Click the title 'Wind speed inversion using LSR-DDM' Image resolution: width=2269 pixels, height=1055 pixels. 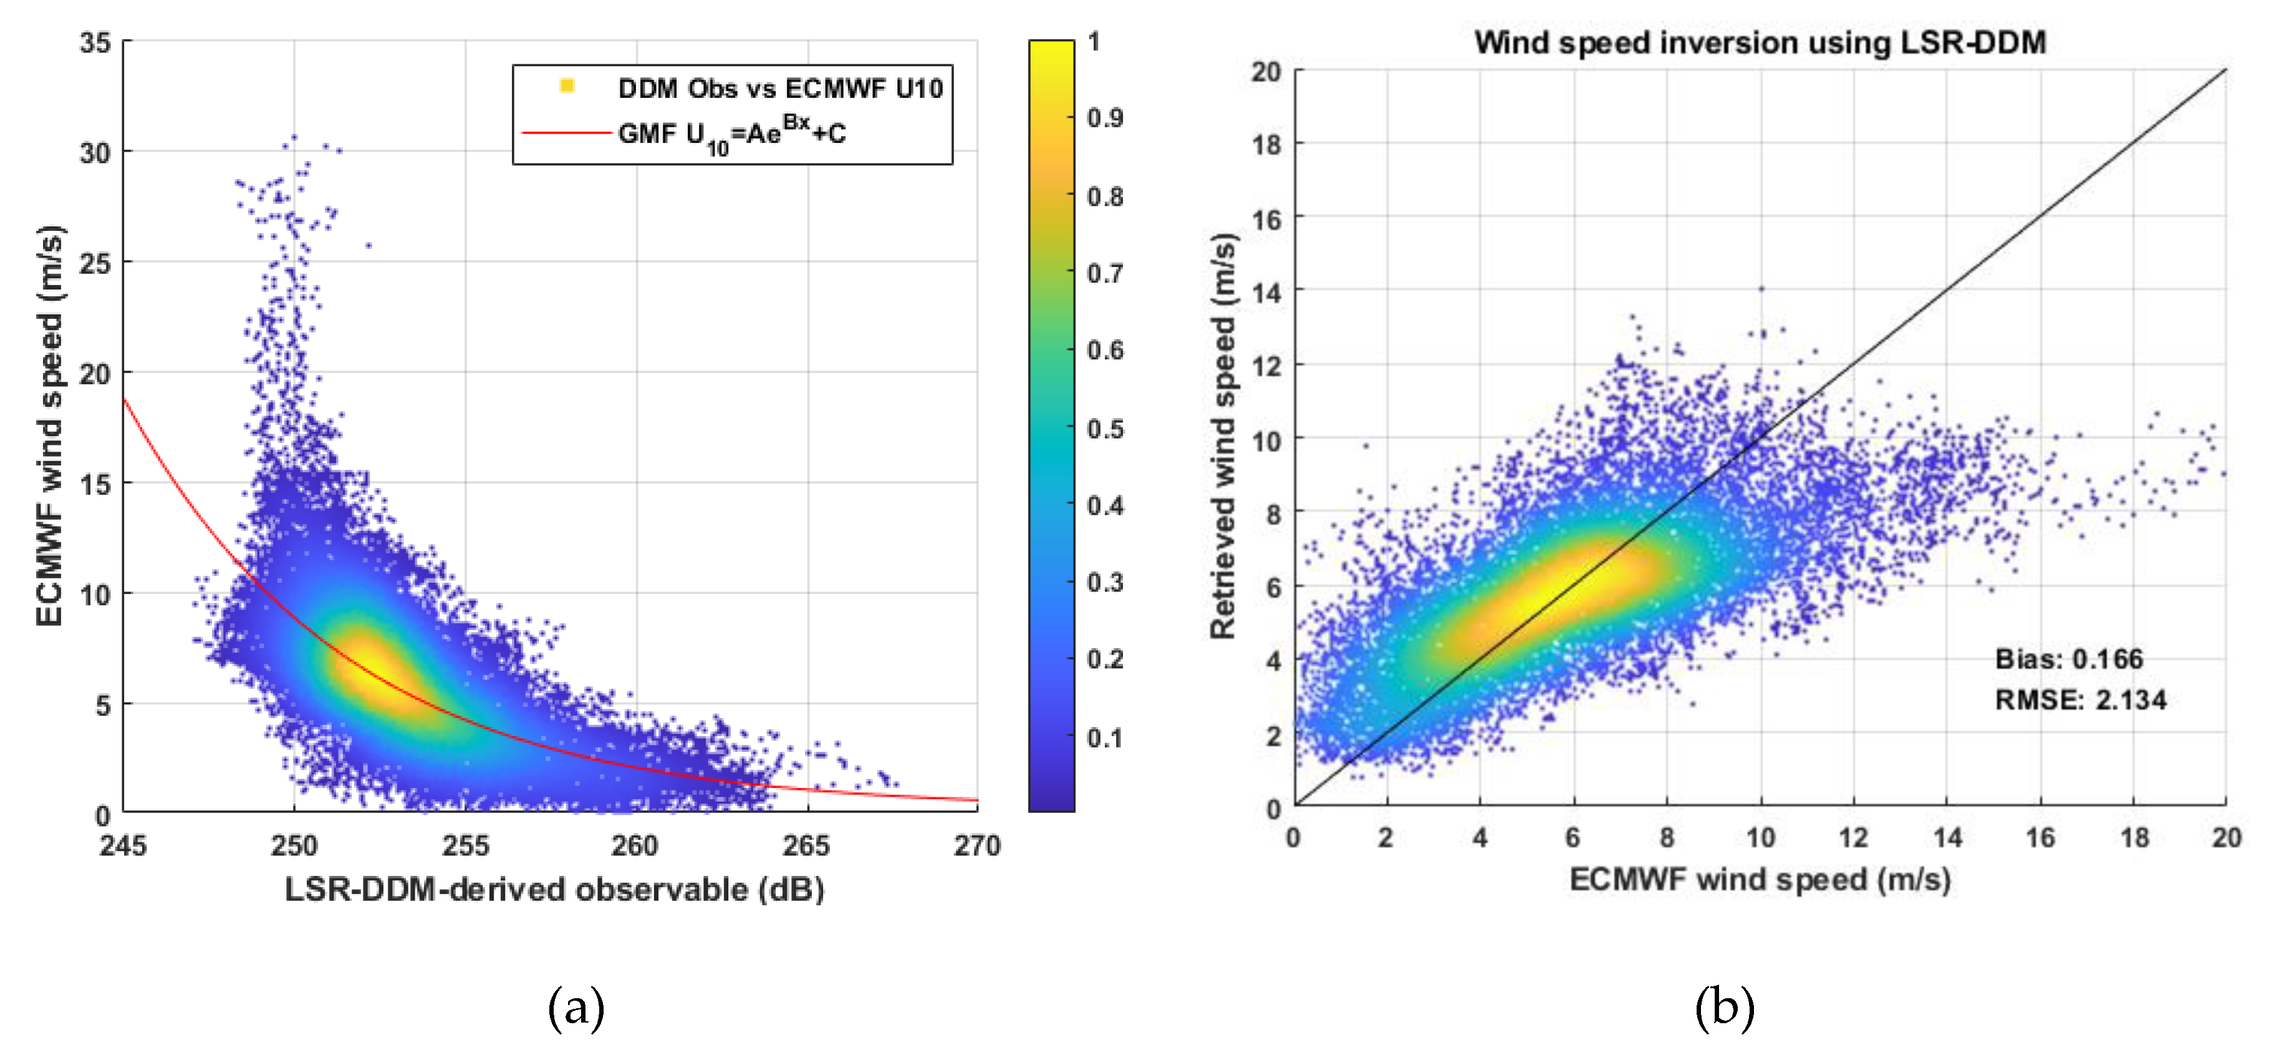tap(1759, 42)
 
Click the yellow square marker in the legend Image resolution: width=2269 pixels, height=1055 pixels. tap(567, 85)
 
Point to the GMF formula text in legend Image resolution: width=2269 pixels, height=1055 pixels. tap(731, 134)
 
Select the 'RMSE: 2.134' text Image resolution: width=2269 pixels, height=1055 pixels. tap(2079, 700)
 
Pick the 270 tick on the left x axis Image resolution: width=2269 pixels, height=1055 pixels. tap(977, 846)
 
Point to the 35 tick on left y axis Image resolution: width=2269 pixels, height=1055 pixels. tap(95, 42)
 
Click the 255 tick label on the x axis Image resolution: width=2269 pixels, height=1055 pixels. tap(465, 846)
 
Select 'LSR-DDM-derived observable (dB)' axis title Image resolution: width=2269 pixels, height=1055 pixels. tap(554, 889)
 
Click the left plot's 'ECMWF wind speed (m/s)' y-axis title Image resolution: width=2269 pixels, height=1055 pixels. tap(51, 425)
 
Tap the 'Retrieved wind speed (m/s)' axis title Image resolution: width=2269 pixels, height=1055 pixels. tap(1223, 436)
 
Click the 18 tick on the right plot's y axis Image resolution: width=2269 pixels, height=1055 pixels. tap(1266, 145)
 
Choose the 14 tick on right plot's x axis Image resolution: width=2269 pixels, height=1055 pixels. tap(1947, 837)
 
